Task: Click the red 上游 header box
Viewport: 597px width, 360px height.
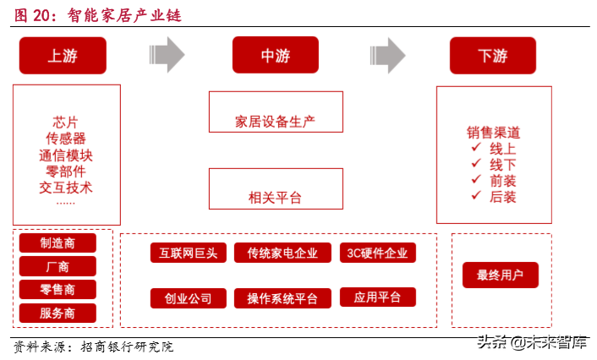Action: tap(63, 56)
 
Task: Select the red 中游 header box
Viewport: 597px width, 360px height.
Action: tap(276, 56)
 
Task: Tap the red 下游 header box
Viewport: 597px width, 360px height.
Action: tap(492, 56)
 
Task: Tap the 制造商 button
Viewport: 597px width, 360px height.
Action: tap(58, 243)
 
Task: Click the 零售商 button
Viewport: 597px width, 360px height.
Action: tap(58, 289)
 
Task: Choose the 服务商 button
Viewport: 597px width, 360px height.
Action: tap(58, 313)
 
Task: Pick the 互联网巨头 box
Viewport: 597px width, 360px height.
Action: tap(188, 253)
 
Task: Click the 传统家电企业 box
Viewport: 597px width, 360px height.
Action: tap(282, 253)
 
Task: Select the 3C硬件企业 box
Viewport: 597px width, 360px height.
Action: tap(377, 253)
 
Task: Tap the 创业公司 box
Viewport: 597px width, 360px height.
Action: tap(188, 298)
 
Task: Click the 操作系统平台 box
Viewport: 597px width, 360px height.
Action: tap(282, 298)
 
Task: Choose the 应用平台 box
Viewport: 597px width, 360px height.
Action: tap(377, 297)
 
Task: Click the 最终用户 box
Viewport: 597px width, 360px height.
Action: tap(500, 275)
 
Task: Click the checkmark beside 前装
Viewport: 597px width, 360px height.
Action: tap(476, 181)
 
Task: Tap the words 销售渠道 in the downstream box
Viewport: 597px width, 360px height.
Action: tap(493, 133)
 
